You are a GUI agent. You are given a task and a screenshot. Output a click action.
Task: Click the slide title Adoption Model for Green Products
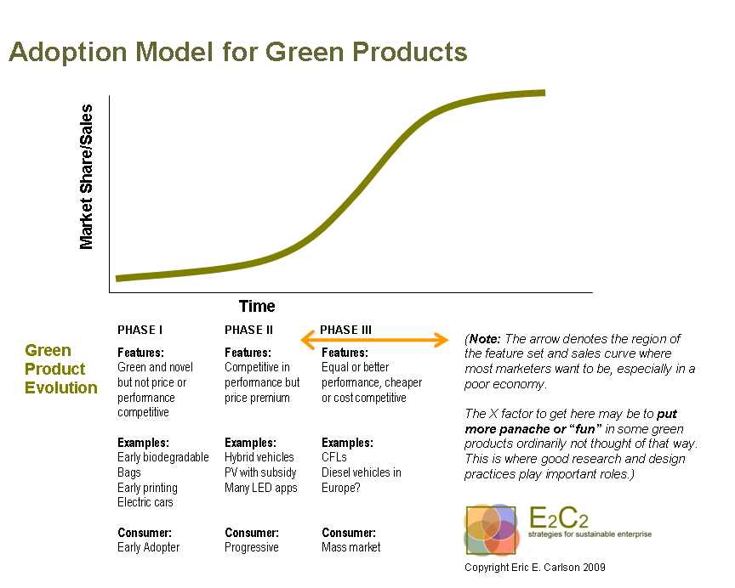tap(238, 53)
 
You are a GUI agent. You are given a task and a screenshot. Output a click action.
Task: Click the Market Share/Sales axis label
tap(86, 177)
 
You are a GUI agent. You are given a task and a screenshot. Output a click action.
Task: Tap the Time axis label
tap(257, 307)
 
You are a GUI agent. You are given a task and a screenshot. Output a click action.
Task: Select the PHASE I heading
tap(140, 331)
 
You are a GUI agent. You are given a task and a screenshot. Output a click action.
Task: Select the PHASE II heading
tap(249, 331)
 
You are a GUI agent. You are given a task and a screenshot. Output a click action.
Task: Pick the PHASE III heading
tap(346, 331)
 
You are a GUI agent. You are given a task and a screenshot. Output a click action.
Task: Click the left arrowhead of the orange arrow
tap(306, 341)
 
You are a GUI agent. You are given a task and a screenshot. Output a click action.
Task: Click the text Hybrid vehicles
tap(259, 457)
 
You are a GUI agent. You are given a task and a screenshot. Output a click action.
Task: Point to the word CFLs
tap(334, 457)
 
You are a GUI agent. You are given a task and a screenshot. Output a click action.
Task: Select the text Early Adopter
tap(149, 547)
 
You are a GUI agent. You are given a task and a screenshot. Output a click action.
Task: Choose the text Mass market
tap(351, 547)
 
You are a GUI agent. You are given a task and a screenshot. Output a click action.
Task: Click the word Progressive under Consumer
tap(252, 547)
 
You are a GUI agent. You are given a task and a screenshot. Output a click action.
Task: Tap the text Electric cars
tap(145, 502)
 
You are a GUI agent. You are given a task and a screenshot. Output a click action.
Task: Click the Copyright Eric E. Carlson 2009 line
tap(535, 566)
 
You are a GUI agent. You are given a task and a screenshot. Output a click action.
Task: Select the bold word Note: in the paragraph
tap(486, 338)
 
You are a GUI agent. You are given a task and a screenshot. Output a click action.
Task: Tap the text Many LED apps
tap(261, 488)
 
